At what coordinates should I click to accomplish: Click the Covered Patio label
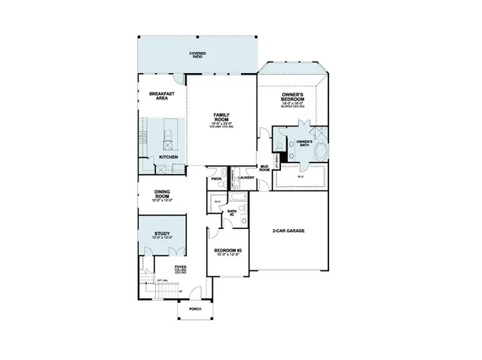click(197, 55)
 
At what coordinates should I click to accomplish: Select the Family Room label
click(221, 119)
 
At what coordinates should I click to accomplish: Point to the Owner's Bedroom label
click(292, 98)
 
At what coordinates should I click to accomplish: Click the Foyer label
click(181, 268)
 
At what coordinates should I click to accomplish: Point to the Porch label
click(194, 309)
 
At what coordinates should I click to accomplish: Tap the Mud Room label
click(265, 168)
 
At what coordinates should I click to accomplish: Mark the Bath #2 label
click(233, 213)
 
